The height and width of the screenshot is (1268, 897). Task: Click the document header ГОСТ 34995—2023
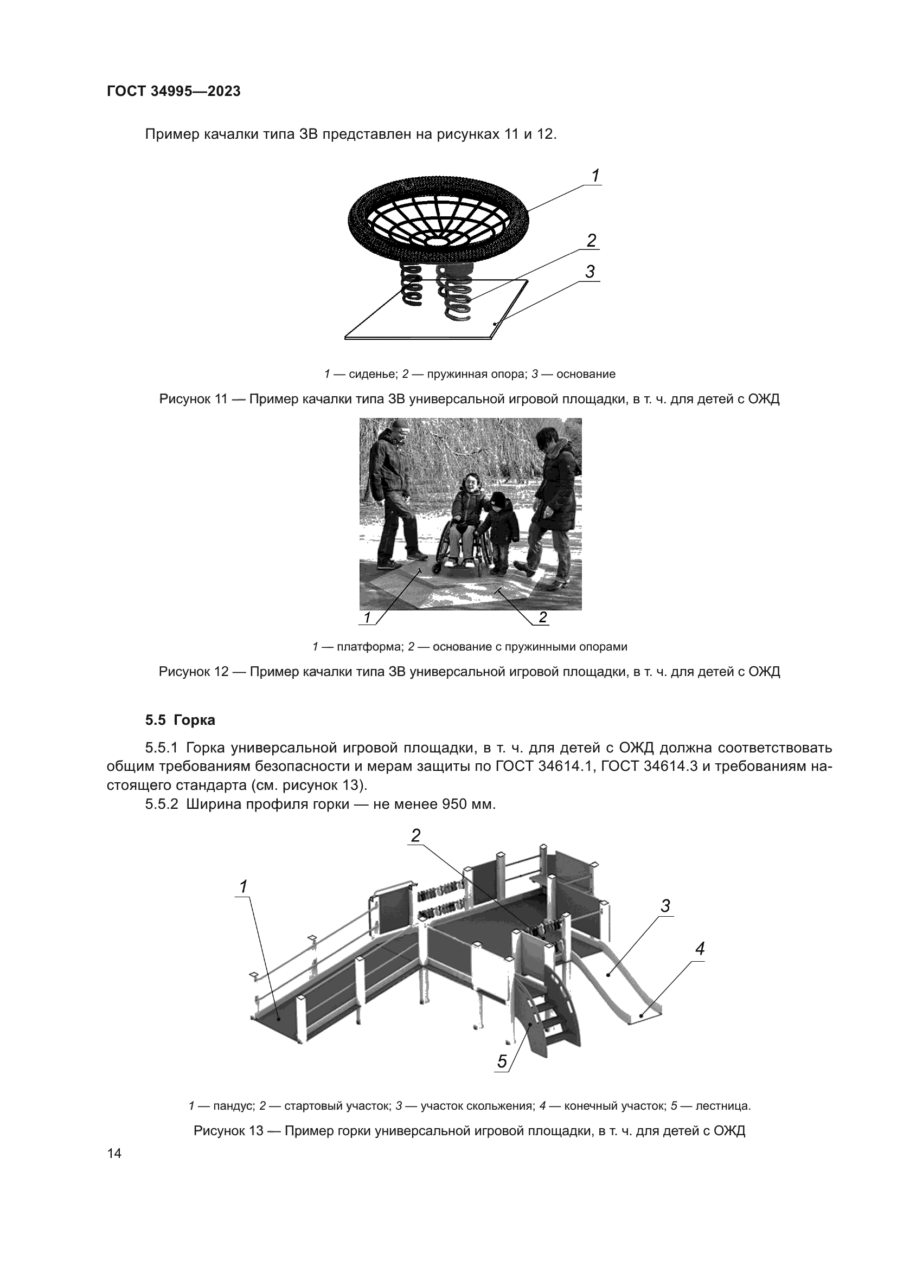click(174, 91)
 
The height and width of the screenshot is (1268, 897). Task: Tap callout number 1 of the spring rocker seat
click(595, 176)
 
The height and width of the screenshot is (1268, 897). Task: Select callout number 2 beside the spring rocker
click(592, 241)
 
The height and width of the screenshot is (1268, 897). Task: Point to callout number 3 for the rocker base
click(590, 272)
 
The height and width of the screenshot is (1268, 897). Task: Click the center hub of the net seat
click(437, 241)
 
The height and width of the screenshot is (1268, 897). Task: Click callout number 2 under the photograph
click(542, 617)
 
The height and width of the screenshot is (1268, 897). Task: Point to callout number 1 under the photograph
click(367, 617)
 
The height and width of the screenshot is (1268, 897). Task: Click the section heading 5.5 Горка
click(180, 720)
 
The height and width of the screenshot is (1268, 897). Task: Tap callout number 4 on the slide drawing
click(700, 949)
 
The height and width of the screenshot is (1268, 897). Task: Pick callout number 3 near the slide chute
click(665, 906)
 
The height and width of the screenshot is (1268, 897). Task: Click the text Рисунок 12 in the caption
click(194, 672)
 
